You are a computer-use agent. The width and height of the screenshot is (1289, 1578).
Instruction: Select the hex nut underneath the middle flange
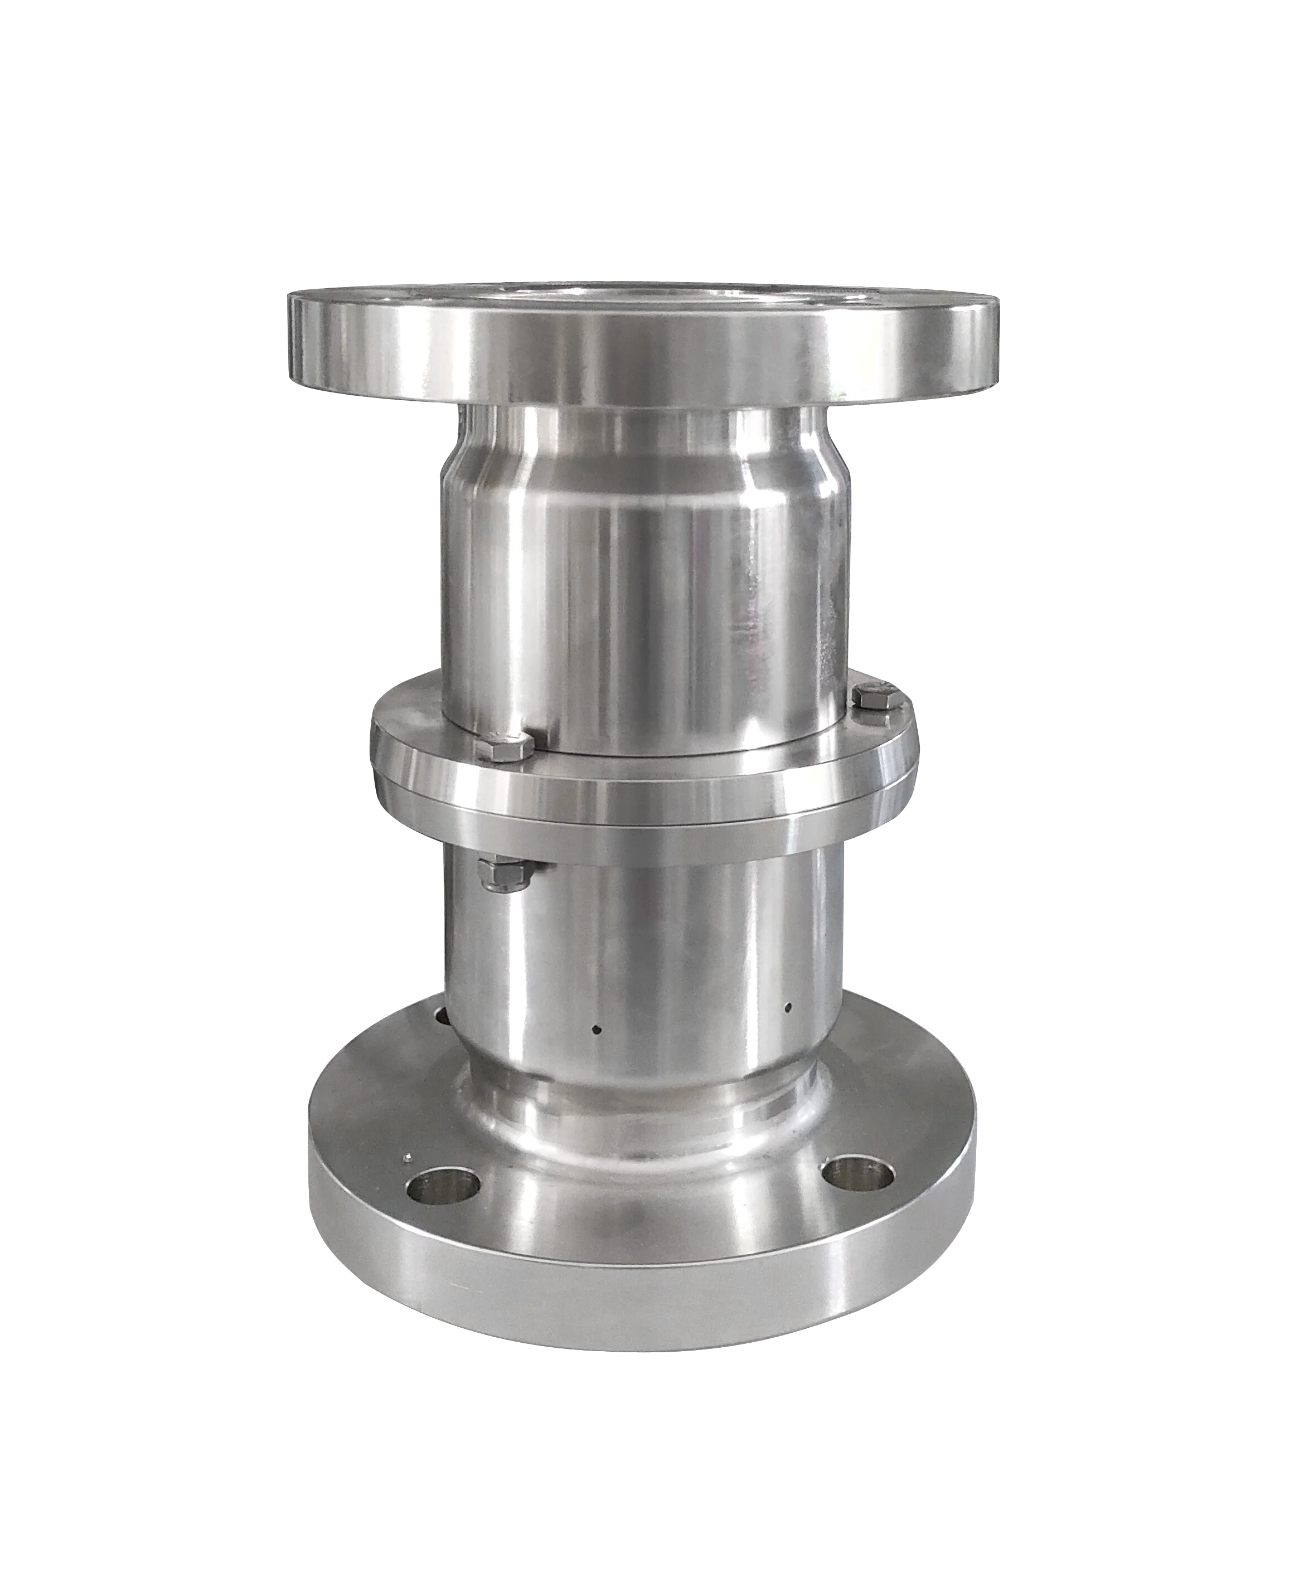click(x=505, y=872)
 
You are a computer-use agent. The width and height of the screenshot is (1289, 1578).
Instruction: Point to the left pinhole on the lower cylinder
click(x=596, y=1030)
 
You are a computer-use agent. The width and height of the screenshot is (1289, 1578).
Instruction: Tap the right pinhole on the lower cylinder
click(x=788, y=1007)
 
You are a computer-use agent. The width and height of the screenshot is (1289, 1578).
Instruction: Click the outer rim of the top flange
click(x=638, y=356)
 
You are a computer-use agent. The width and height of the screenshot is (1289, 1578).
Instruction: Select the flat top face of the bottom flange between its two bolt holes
click(x=646, y=1195)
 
